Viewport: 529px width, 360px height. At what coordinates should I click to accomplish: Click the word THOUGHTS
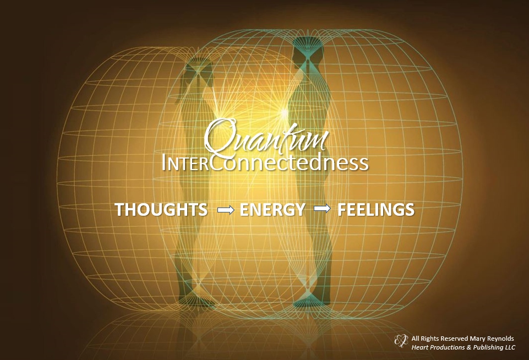(161, 210)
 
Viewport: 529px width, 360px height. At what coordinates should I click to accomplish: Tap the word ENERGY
(272, 210)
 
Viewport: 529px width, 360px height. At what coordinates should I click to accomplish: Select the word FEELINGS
(376, 210)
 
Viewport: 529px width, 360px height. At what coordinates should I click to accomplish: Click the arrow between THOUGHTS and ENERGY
(226, 210)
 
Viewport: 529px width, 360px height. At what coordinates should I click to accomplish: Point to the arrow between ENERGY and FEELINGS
(322, 209)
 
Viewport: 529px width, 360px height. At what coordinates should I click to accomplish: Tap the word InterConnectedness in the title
(265, 163)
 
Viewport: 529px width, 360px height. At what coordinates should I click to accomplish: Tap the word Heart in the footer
(419, 347)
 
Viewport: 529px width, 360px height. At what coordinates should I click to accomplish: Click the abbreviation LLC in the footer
(510, 347)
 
